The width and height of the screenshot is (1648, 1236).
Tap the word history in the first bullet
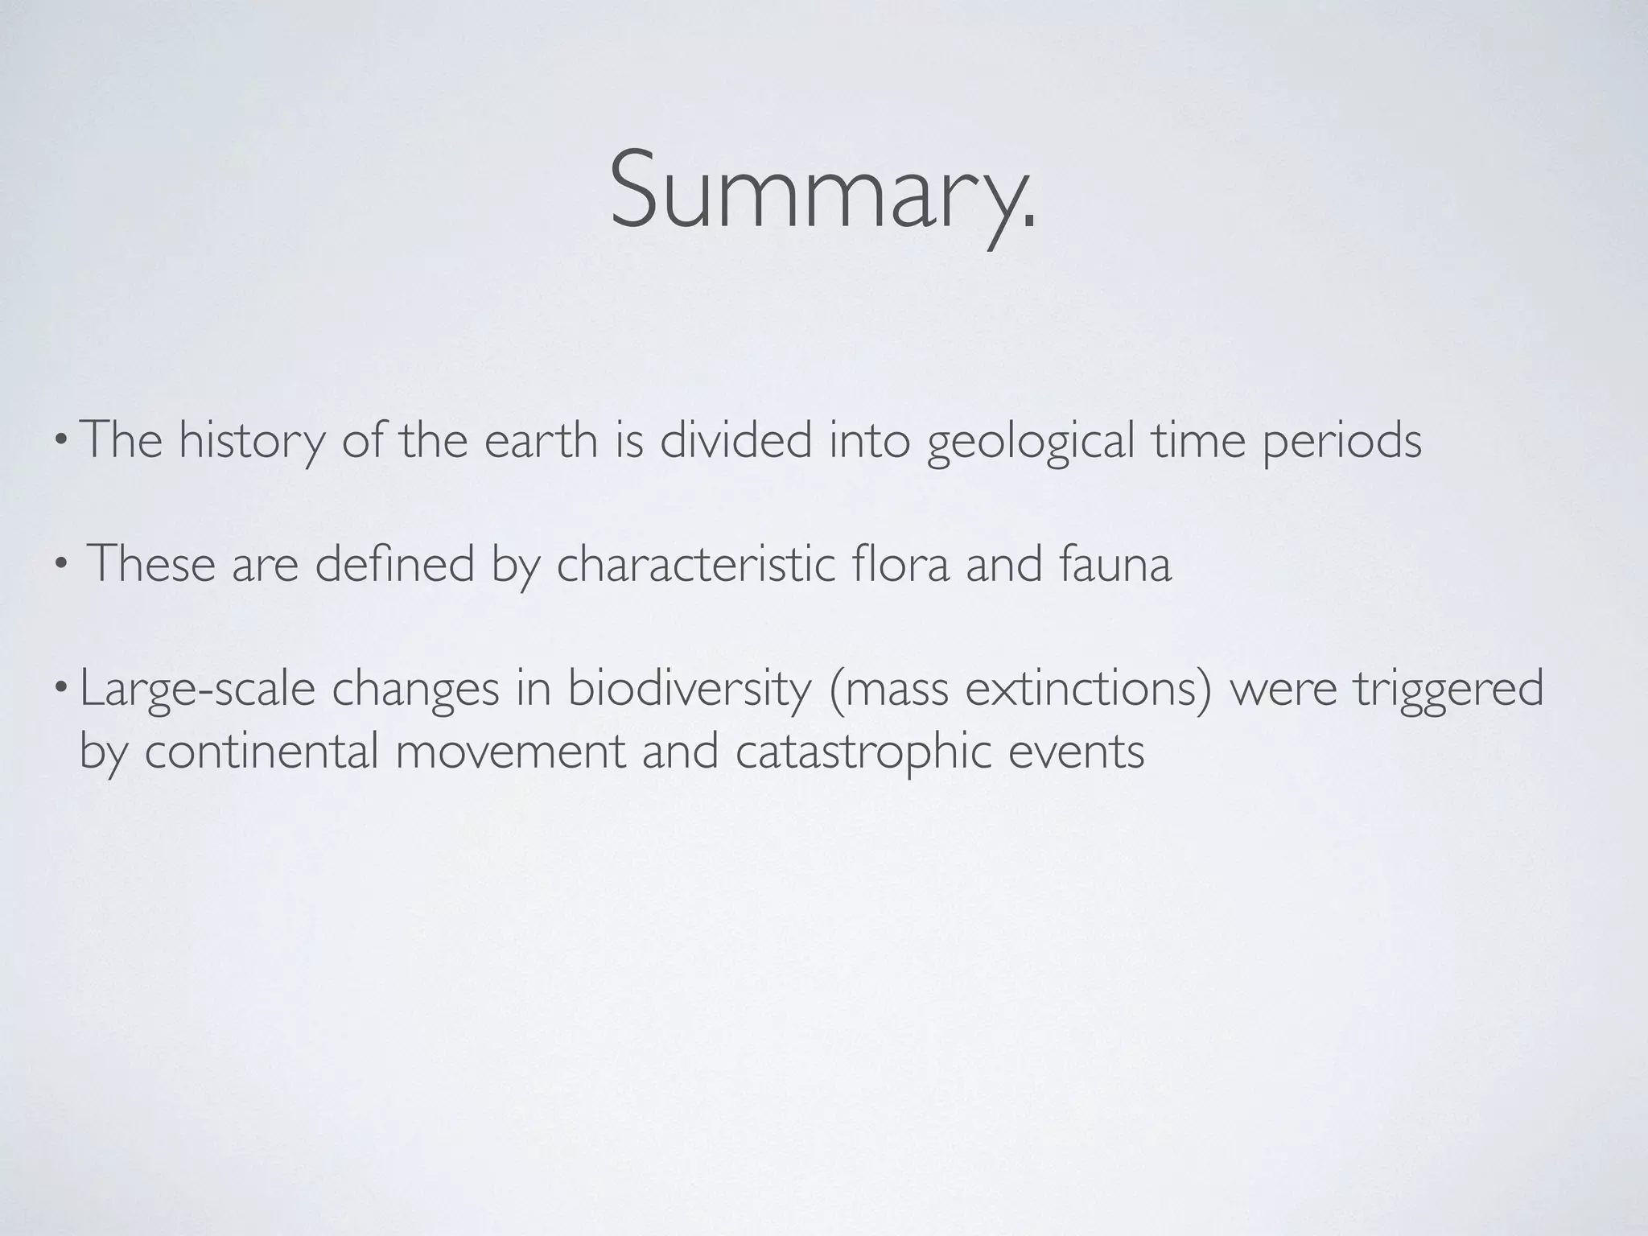tap(250, 442)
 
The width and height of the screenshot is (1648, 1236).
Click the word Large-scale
tap(197, 690)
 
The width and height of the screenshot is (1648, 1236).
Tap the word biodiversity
tap(689, 690)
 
